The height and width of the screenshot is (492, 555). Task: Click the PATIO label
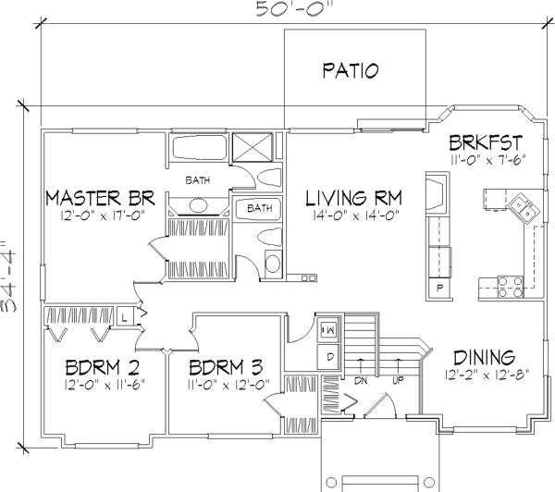coord(350,70)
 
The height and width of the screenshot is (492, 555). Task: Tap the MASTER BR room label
coord(101,198)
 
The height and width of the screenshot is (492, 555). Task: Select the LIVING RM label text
coord(354,198)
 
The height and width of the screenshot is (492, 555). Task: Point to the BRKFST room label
coord(486,142)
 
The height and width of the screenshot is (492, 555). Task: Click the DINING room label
coord(484,358)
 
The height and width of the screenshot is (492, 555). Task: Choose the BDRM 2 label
coord(103,367)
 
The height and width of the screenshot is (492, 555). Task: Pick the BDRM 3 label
coord(226,367)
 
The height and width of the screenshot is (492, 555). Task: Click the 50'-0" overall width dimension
coord(294,9)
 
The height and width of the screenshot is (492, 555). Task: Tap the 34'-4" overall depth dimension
coord(9,277)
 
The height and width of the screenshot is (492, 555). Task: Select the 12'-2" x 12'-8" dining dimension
coord(487,375)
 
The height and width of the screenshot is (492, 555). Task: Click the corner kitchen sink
coord(524,208)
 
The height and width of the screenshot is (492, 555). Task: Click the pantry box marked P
coord(439,289)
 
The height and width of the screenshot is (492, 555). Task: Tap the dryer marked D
coord(329,357)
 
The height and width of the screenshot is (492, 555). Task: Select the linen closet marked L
coord(124,317)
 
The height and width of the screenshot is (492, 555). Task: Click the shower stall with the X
coord(253,147)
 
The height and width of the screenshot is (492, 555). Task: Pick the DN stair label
coord(361,381)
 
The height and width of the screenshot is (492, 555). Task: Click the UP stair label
coord(399,381)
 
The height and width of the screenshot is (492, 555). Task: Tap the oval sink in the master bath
coord(198,205)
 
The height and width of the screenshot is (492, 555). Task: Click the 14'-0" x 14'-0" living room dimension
coord(356,215)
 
